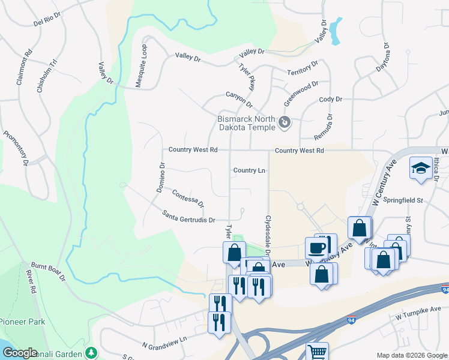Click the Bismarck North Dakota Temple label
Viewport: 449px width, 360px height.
(246, 122)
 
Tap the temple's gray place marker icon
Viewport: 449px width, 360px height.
(285, 124)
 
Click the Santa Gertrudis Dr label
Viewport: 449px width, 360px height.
(188, 216)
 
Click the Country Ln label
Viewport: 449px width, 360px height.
(249, 170)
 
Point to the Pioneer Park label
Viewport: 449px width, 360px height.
(23, 322)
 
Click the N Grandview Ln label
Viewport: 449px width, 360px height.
(164, 342)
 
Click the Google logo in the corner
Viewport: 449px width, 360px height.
(20, 353)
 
